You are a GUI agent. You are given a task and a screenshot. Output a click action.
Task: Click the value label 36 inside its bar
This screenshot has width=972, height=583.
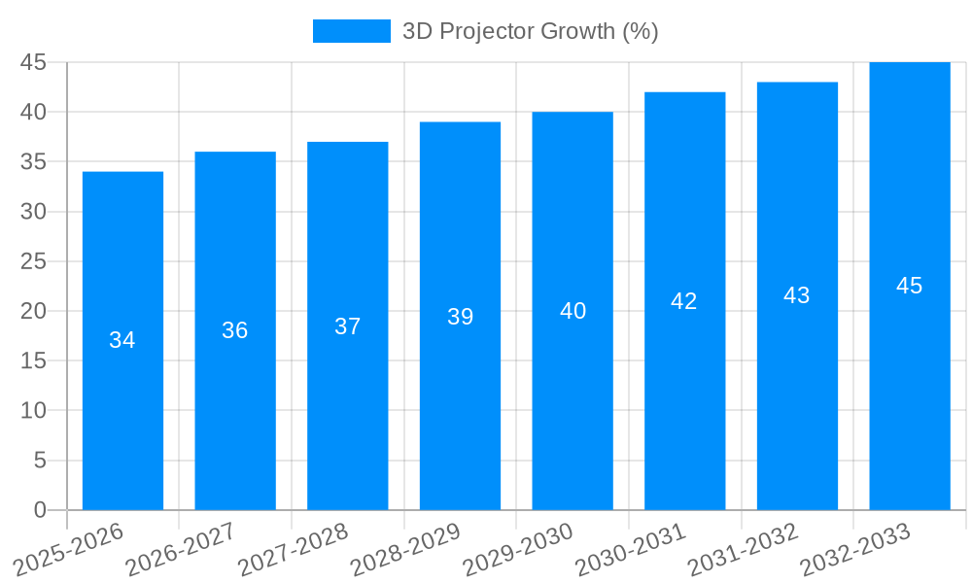click(235, 330)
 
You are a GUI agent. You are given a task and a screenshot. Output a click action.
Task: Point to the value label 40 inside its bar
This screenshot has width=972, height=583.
click(573, 311)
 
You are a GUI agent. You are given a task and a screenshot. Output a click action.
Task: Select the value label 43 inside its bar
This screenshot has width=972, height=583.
click(797, 295)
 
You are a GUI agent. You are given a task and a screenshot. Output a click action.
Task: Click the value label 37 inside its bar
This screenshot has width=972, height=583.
click(348, 326)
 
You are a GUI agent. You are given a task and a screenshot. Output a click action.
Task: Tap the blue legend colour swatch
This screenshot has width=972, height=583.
click(351, 31)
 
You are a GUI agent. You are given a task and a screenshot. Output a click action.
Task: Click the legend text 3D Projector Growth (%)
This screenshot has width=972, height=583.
click(531, 31)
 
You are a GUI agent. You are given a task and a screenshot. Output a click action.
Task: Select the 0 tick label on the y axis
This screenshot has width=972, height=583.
click(40, 510)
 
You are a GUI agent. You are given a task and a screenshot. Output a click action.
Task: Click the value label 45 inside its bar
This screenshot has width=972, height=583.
click(910, 286)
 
